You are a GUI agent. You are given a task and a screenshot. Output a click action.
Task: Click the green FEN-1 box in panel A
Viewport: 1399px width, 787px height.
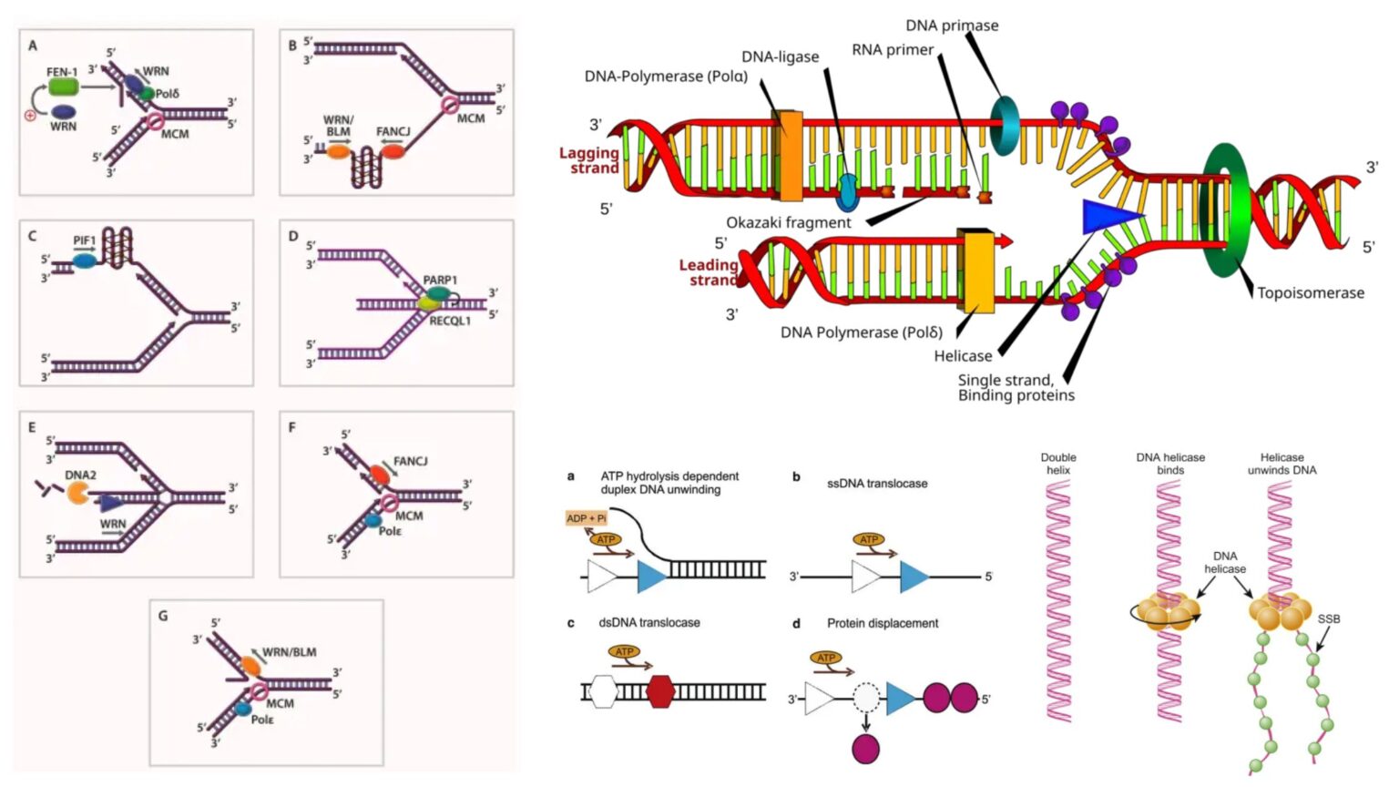(x=63, y=87)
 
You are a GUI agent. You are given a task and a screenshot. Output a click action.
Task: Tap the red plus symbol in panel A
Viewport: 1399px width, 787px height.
(x=30, y=116)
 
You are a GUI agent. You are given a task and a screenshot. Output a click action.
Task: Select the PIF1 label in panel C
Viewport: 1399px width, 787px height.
(x=84, y=240)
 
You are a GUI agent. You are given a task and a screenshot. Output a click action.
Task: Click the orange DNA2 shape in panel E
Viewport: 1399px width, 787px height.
(x=77, y=494)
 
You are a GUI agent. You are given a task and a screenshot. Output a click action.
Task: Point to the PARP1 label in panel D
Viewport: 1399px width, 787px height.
(x=440, y=280)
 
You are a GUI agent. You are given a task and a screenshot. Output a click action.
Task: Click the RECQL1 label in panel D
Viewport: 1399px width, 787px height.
(x=450, y=321)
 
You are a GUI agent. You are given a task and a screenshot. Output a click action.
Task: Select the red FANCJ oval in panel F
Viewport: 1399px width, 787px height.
(x=378, y=475)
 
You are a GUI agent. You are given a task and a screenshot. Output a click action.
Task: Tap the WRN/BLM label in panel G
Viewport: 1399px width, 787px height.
(x=289, y=652)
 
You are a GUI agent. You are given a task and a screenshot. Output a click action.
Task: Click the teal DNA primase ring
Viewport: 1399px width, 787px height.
(x=1004, y=126)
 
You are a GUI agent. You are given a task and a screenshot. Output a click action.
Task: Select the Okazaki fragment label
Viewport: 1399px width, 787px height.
(x=788, y=222)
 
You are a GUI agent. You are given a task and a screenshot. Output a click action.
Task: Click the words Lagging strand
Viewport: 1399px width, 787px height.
(x=589, y=160)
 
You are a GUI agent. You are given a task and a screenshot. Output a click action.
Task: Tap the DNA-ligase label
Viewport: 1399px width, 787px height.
(x=780, y=56)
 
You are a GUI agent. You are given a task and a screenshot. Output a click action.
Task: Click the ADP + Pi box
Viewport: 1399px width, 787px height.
(x=586, y=518)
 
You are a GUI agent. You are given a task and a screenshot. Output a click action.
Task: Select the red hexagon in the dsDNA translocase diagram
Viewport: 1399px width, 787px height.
(x=660, y=692)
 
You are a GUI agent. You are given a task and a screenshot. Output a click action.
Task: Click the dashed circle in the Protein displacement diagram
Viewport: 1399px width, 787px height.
(x=865, y=699)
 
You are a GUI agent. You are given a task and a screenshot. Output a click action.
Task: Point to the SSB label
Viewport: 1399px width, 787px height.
(x=1328, y=618)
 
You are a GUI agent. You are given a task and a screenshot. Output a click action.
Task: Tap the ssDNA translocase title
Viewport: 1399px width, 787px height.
(x=876, y=484)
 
